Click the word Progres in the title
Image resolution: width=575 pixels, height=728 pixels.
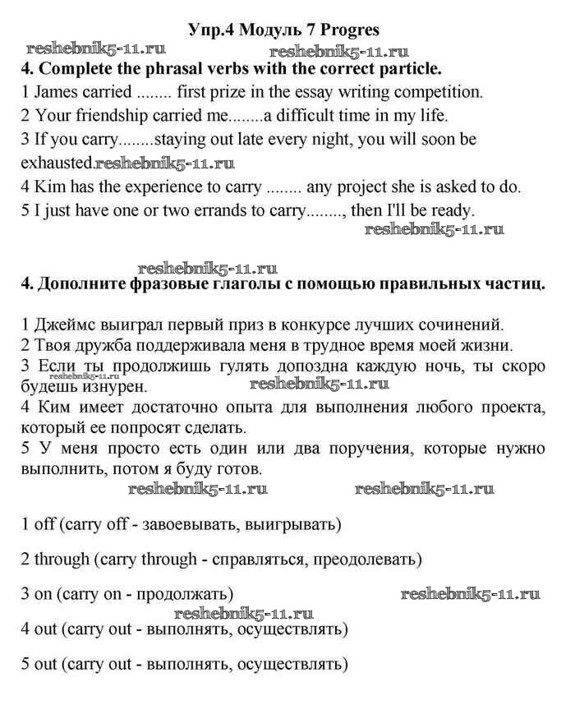(x=350, y=30)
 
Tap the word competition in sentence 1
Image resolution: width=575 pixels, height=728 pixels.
(x=440, y=90)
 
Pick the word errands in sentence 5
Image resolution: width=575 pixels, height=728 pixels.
(x=186, y=210)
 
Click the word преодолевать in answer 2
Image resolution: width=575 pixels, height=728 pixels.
(x=371, y=560)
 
